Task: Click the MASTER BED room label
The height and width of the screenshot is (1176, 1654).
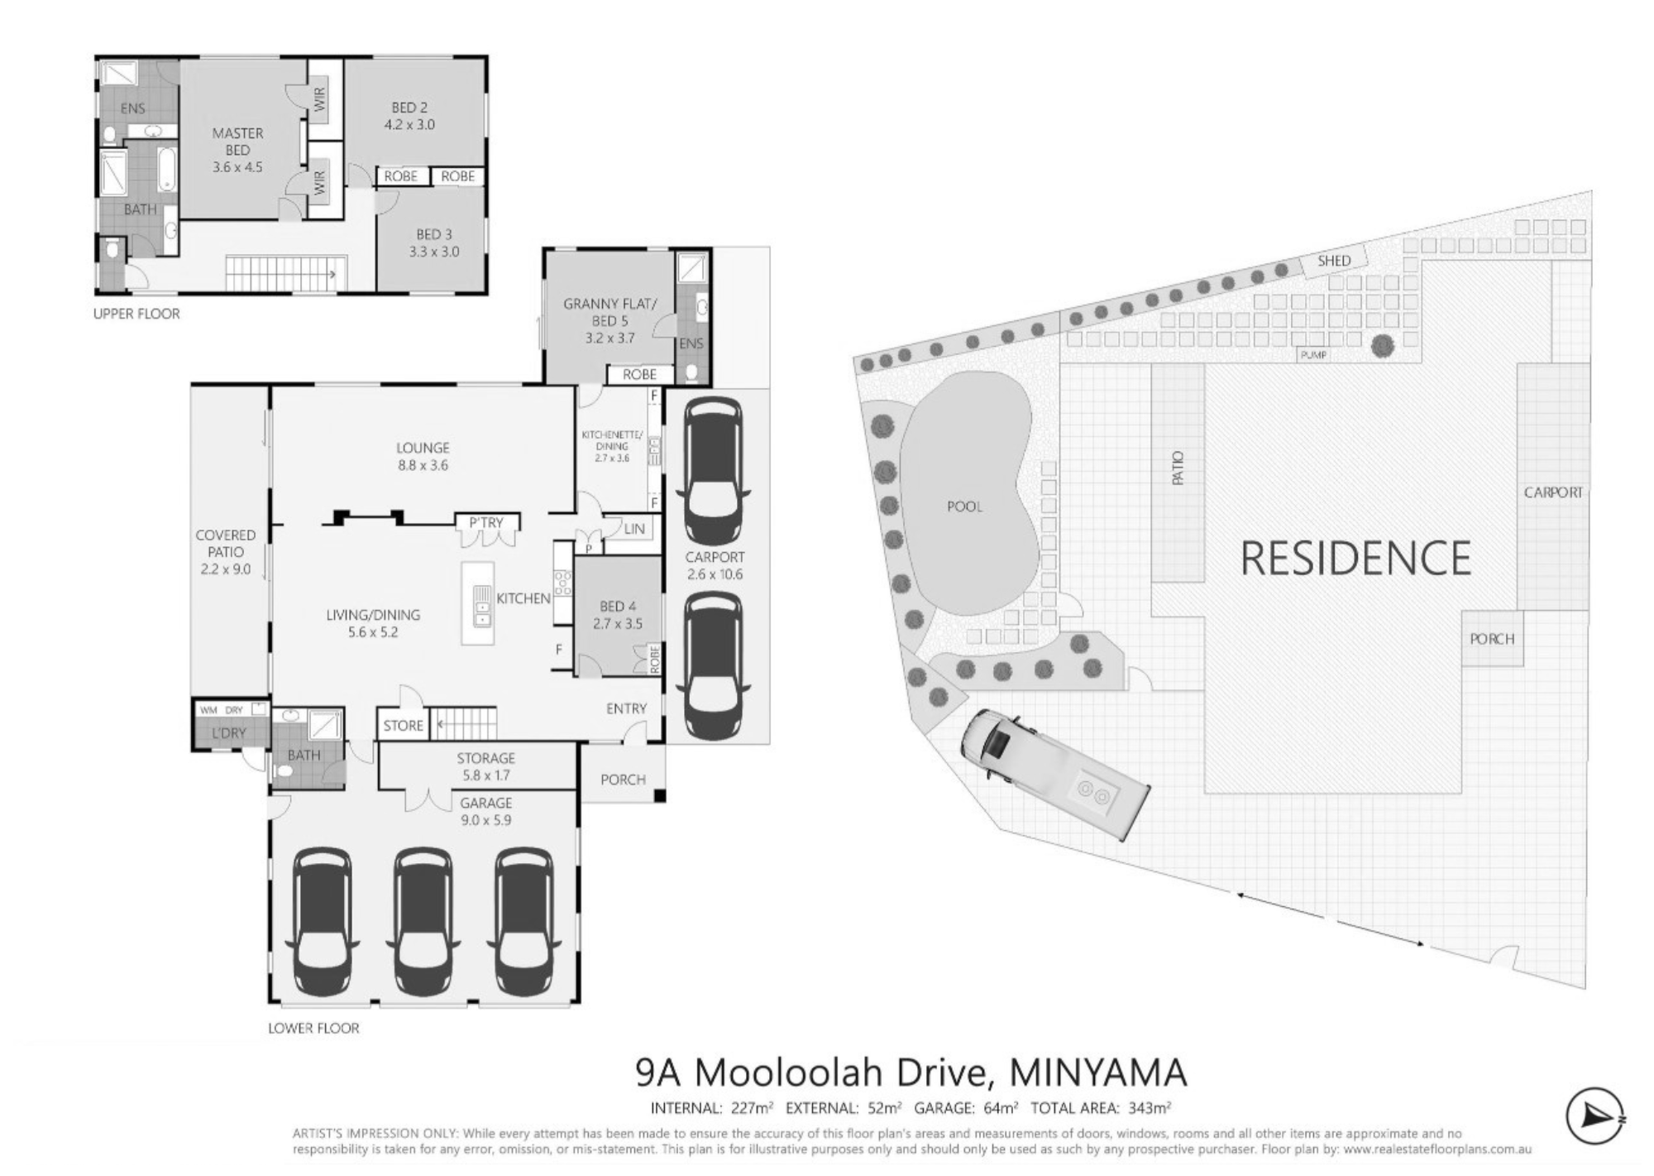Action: [237, 142]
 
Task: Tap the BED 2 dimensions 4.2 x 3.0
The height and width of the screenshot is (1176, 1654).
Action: [409, 125]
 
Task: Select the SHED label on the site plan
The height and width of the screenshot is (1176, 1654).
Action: [1334, 261]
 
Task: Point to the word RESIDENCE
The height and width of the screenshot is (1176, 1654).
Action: [1356, 558]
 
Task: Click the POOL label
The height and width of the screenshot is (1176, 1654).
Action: [965, 506]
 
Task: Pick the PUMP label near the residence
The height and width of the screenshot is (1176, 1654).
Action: [1313, 355]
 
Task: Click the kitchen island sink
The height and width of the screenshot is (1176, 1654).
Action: [480, 606]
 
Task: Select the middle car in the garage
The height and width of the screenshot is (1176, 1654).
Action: [423, 922]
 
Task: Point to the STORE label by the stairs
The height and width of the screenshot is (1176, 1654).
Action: [404, 726]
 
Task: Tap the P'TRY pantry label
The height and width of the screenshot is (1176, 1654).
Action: [486, 522]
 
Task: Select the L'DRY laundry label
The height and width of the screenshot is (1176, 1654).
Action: [229, 732]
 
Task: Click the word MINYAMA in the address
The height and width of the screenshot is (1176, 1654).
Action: [1098, 1073]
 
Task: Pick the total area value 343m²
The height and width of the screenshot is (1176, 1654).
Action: [1150, 1108]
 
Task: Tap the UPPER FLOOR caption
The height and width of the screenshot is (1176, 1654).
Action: [136, 314]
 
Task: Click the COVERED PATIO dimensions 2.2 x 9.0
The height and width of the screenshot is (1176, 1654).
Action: [226, 569]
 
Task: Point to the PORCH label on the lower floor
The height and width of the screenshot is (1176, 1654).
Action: [623, 780]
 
